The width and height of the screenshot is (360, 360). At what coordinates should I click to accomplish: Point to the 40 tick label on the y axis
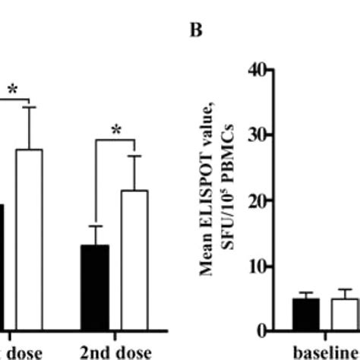pyautogui.click(x=257, y=71)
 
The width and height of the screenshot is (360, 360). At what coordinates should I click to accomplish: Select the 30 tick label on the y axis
pyautogui.click(x=257, y=136)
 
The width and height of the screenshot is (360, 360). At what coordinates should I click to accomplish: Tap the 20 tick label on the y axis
pyautogui.click(x=257, y=201)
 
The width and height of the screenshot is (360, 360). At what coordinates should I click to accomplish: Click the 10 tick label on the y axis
pyautogui.click(x=257, y=267)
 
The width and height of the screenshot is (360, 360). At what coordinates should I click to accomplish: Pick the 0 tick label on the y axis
pyautogui.click(x=261, y=332)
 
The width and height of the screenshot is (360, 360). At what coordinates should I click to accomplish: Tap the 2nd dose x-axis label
pyautogui.click(x=115, y=352)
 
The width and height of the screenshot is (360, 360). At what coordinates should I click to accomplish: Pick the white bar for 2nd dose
pyautogui.click(x=134, y=258)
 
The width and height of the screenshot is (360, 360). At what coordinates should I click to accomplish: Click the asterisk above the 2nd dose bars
pyautogui.click(x=115, y=131)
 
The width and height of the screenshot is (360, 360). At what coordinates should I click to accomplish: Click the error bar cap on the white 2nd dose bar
pyautogui.click(x=134, y=156)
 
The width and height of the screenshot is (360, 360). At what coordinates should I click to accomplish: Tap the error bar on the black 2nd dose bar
pyautogui.click(x=95, y=235)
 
